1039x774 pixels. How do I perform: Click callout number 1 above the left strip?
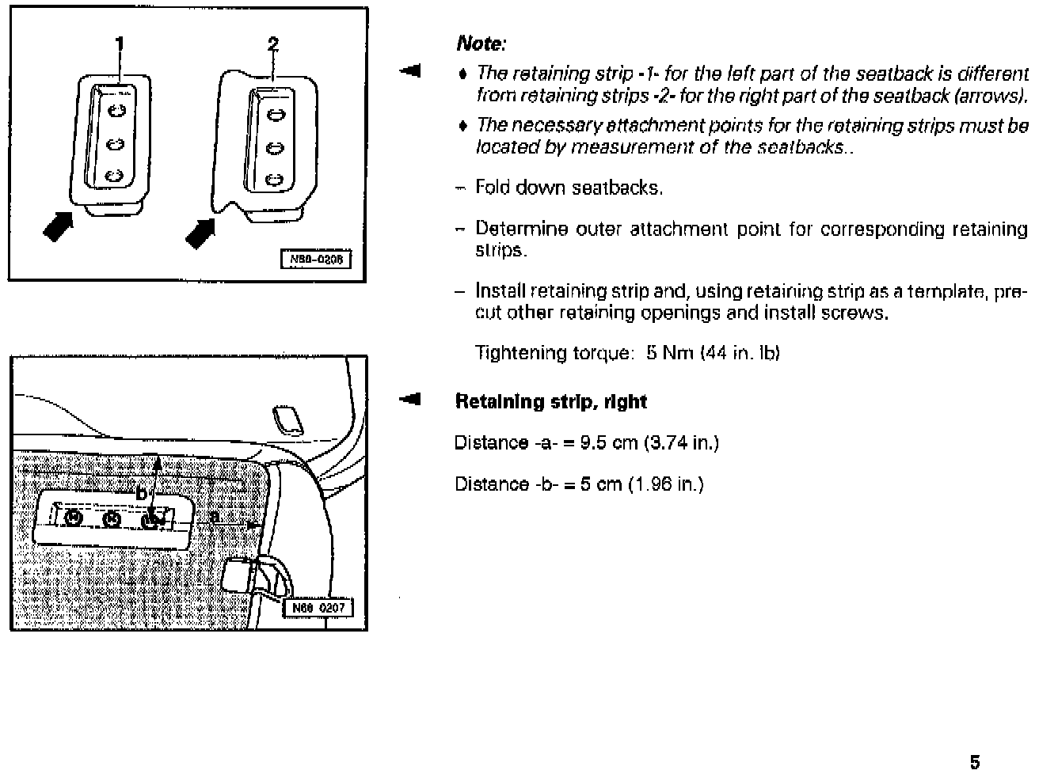tap(120, 44)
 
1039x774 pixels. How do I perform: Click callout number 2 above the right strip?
tap(273, 44)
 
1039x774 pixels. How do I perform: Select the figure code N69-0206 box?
tap(316, 260)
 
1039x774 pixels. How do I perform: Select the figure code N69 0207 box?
tap(318, 608)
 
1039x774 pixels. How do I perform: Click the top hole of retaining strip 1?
tap(116, 110)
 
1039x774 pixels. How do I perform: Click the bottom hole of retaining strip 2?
tap(274, 180)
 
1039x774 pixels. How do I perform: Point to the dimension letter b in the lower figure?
tap(141, 493)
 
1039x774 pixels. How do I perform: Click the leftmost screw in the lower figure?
tap(73, 518)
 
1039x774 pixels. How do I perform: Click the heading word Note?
tap(481, 44)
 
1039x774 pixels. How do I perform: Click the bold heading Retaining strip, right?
tap(550, 401)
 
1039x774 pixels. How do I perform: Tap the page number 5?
tap(975, 762)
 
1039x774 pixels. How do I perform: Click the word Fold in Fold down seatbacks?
tap(491, 188)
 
